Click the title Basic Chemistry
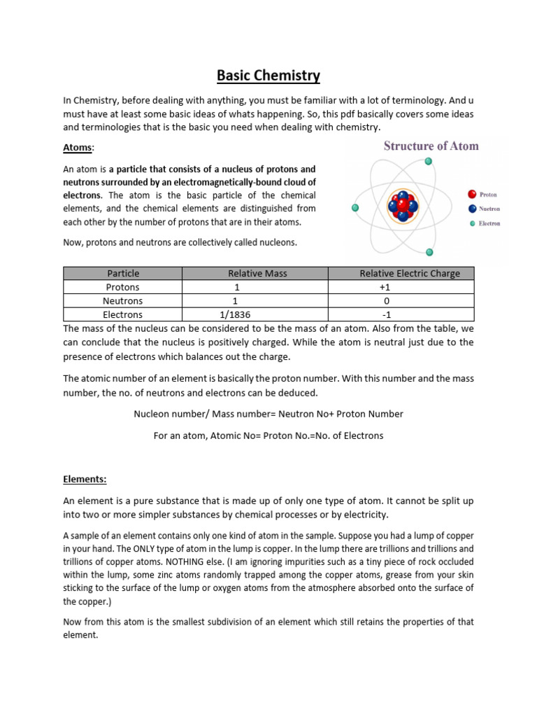(268, 75)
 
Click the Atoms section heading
(78, 148)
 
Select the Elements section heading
(85, 480)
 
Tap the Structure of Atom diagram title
(430, 146)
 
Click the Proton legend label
(487, 195)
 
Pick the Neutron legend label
(489, 209)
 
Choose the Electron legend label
(490, 224)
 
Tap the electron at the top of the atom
(429, 161)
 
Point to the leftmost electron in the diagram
(355, 208)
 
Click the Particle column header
(122, 273)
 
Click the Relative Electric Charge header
(409, 273)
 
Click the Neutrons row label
(122, 301)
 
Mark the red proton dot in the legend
(472, 195)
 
